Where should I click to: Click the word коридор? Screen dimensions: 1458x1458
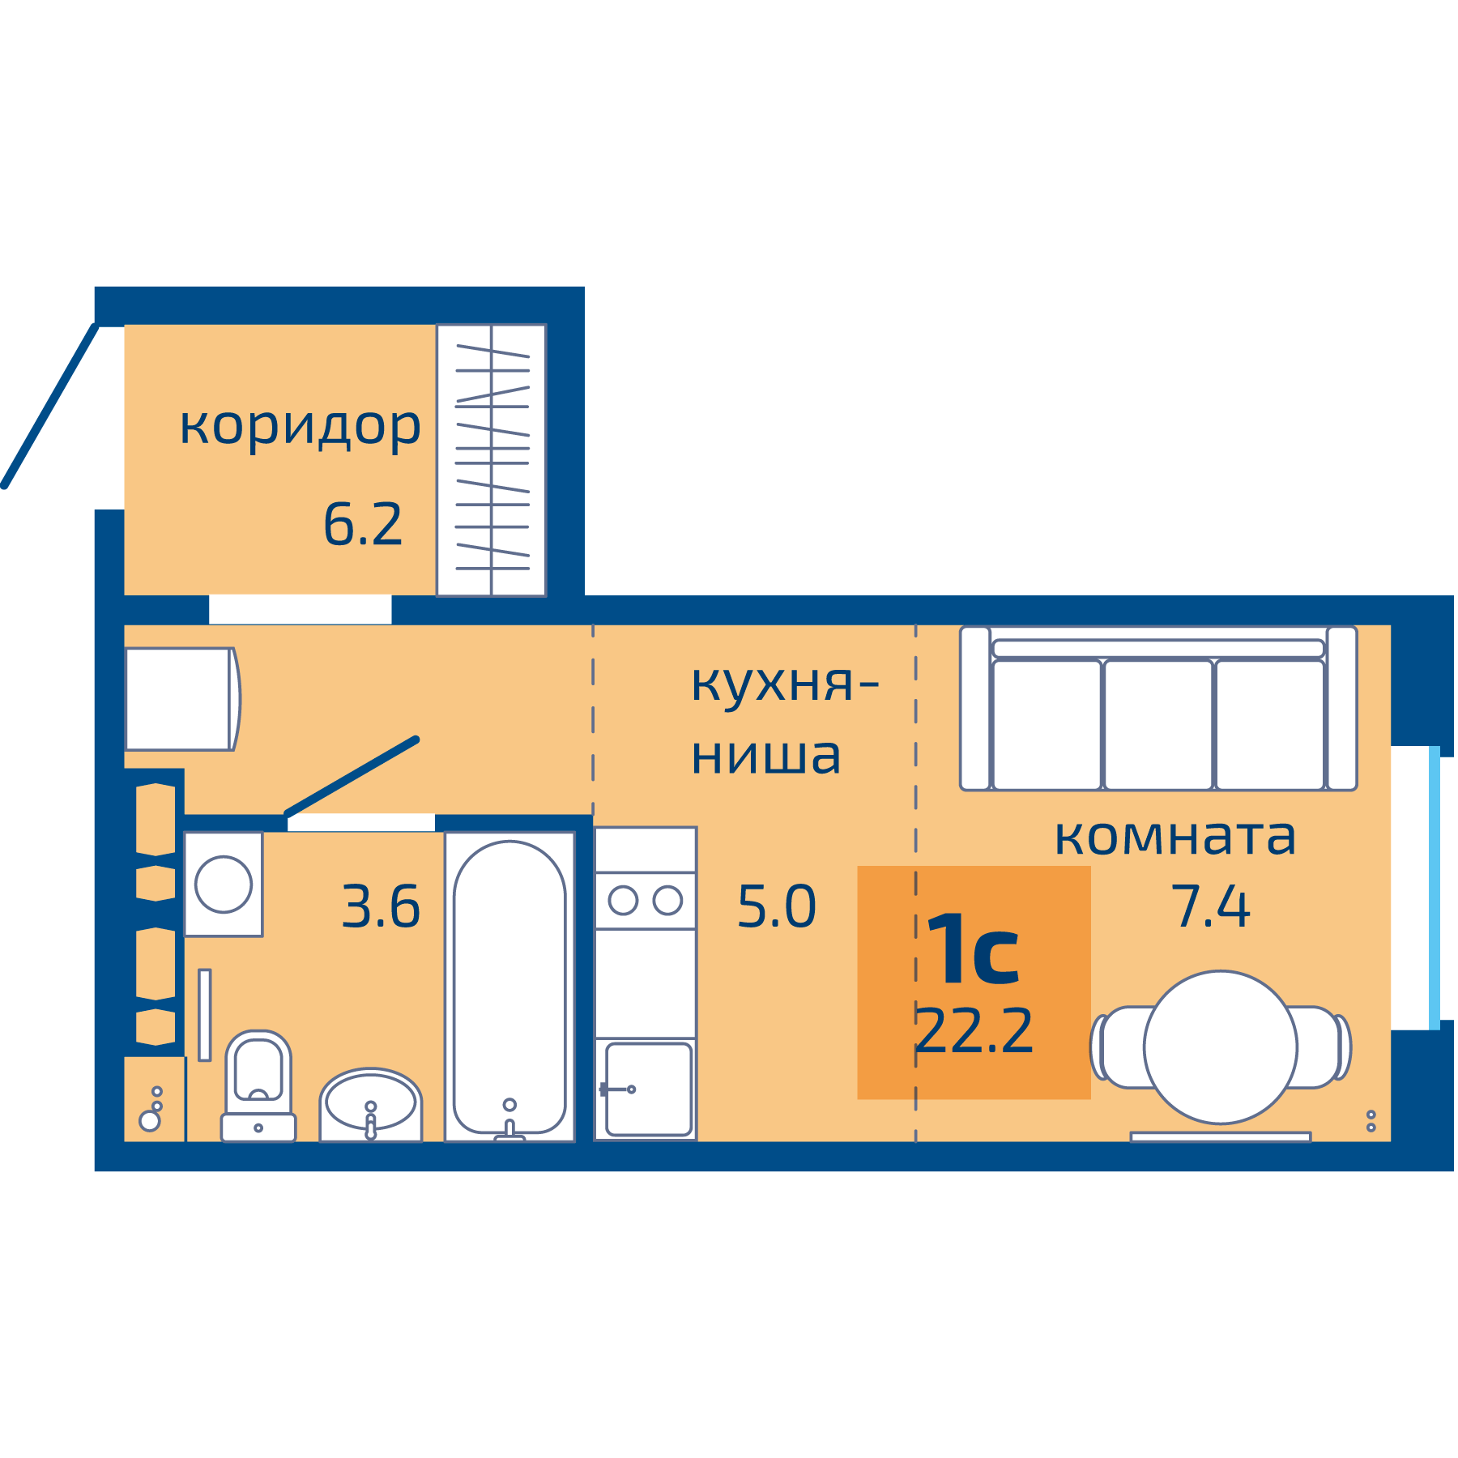pos(300,426)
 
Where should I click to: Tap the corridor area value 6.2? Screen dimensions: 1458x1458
pos(362,525)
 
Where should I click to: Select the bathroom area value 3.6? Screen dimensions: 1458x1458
pos(381,906)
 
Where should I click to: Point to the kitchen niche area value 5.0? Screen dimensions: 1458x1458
pos(776,906)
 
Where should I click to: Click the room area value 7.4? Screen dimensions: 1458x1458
pos(1211,906)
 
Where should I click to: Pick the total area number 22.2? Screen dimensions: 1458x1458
pos(974,1031)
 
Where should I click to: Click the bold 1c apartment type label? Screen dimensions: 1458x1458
pos(973,949)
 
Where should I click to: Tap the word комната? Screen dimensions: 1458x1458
pos(1174,838)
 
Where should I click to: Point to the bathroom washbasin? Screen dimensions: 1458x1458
pos(370,1103)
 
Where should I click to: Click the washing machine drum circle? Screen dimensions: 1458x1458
pos(224,885)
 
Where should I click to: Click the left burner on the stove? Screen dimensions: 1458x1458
pos(623,901)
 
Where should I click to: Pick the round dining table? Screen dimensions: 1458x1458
pos(1220,1047)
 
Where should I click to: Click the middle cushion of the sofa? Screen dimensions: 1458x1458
pos(1158,723)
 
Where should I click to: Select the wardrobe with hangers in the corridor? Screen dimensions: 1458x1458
pos(492,460)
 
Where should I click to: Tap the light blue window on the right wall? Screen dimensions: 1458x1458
pos(1435,888)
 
